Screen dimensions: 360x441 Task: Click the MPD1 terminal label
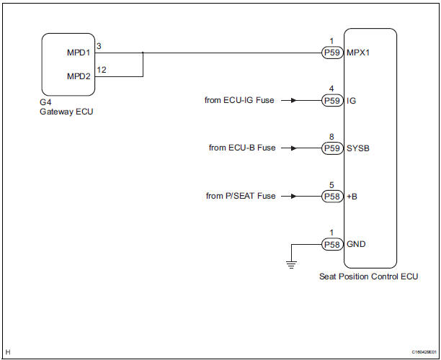pyautogui.click(x=79, y=53)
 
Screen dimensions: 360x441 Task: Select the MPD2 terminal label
pyautogui.click(x=79, y=76)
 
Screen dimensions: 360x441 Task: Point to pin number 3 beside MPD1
pyautogui.click(x=99, y=45)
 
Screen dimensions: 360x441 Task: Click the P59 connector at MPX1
pyautogui.click(x=332, y=53)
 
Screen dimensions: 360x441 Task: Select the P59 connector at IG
pyautogui.click(x=332, y=101)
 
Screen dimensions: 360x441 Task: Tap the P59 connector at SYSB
pyautogui.click(x=332, y=148)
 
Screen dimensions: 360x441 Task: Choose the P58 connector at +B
pyautogui.click(x=332, y=196)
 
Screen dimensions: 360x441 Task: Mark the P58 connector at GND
pyautogui.click(x=332, y=244)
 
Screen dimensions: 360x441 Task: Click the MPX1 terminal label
pyautogui.click(x=360, y=53)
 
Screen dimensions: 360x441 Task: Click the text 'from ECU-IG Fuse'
pyautogui.click(x=239, y=101)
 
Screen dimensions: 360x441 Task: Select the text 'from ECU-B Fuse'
pyautogui.click(x=242, y=148)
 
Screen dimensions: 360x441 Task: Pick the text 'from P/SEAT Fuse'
pyautogui.click(x=240, y=196)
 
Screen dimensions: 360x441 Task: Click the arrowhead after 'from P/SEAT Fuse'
pyautogui.click(x=292, y=196)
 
